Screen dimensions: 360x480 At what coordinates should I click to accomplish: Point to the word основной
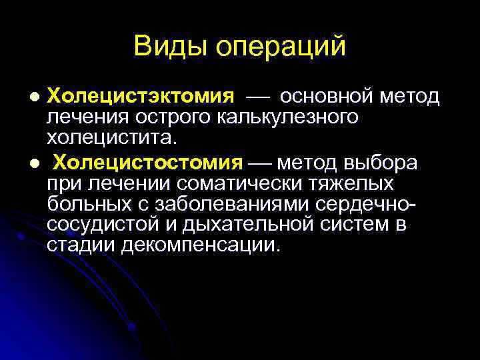[326, 97]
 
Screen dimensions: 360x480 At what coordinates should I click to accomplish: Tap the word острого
[174, 119]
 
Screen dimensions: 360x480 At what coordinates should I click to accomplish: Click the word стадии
[81, 245]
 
